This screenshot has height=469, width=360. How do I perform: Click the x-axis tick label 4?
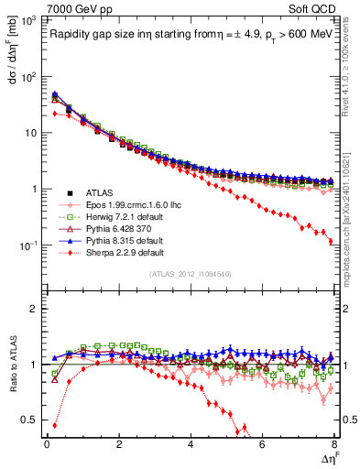(x=191, y=444)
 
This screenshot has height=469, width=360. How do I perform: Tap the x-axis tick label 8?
(x=334, y=444)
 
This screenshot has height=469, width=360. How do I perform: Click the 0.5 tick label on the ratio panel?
(x=29, y=420)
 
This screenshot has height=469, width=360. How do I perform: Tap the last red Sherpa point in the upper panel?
(x=331, y=242)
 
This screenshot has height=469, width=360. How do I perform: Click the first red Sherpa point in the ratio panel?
(x=56, y=425)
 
